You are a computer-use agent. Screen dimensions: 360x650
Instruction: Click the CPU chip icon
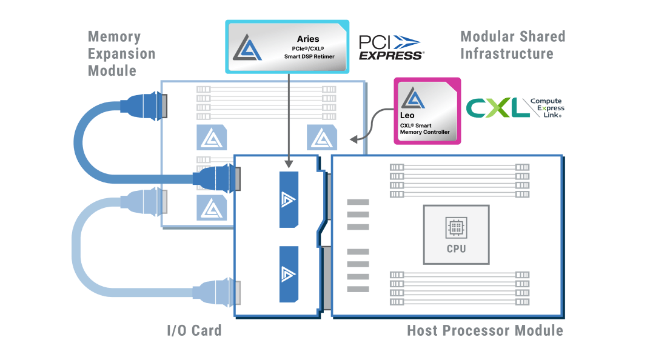click(x=456, y=228)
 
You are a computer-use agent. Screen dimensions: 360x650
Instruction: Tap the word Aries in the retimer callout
click(x=307, y=39)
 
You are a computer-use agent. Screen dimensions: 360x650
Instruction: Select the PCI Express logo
click(x=390, y=47)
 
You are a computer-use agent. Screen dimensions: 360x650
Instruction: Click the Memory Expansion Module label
click(x=121, y=53)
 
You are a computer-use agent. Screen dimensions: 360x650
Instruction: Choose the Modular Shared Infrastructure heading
click(x=512, y=45)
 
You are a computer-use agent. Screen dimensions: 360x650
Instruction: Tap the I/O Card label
click(x=194, y=331)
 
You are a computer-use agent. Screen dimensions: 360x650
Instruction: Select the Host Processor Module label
click(x=484, y=331)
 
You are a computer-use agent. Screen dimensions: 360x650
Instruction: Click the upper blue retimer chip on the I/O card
click(x=289, y=199)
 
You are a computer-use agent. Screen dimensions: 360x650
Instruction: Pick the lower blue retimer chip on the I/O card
click(x=289, y=275)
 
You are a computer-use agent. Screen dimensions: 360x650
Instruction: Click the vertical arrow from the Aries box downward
click(x=289, y=121)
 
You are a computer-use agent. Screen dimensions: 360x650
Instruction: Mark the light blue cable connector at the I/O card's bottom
click(x=222, y=293)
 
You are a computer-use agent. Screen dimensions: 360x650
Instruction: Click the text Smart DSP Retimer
click(x=309, y=56)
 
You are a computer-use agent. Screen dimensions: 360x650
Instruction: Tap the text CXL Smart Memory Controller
click(x=424, y=128)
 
